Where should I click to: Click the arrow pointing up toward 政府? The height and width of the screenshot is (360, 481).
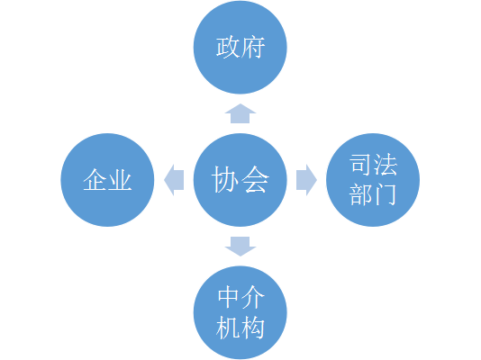pos(240,113)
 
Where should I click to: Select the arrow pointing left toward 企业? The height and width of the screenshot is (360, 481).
pos(174,180)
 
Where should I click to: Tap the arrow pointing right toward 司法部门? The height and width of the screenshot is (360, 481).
pos(306,180)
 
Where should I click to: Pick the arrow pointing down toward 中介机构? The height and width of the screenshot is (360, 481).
pos(240,247)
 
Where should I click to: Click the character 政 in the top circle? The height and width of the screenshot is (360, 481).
pos(228,47)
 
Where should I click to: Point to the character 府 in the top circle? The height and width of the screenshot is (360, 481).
pos(253,47)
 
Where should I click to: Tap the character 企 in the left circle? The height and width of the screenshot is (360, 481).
pos(95,180)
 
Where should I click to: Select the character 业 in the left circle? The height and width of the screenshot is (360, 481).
pos(120,180)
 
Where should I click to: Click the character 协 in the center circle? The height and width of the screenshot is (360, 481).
pos(225,180)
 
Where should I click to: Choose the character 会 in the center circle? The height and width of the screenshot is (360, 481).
pos(255,180)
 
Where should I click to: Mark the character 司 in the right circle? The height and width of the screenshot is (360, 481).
pos(360,165)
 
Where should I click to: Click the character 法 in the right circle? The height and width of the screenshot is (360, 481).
pos(386,165)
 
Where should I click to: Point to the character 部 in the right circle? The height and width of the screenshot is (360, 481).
pos(360,194)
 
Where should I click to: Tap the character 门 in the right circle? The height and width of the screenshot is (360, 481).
pos(386,194)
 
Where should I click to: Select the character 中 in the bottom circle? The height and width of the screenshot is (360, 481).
pos(228,297)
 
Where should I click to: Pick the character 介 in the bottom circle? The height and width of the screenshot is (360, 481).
pos(253,297)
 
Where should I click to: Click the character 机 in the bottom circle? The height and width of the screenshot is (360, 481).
pos(228,328)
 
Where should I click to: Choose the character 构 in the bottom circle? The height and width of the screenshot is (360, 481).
pos(253,328)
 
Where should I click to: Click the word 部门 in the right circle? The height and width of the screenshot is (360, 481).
pos(373,194)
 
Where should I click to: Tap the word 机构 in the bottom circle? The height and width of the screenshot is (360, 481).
pos(240,328)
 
